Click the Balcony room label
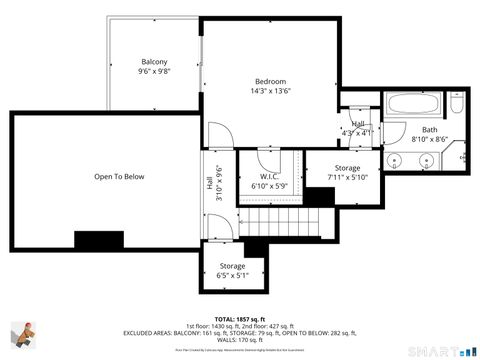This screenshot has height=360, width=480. coord(154,62)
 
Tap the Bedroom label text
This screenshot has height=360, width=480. coord(270,81)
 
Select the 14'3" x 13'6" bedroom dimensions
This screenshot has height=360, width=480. coord(270,91)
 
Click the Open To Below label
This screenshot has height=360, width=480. coord(120,177)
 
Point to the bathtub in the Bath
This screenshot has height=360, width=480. coord(410,104)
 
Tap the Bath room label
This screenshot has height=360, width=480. coord(429,130)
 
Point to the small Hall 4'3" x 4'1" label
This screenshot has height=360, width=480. coord(357,128)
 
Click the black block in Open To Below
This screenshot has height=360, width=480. coord(97,240)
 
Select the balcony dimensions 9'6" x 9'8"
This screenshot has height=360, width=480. coord(154,72)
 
